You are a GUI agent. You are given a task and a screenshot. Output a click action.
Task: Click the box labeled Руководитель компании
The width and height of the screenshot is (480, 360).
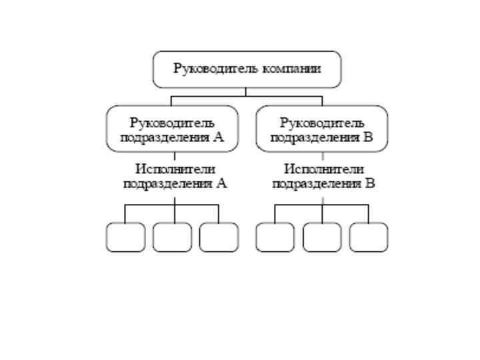[247, 69]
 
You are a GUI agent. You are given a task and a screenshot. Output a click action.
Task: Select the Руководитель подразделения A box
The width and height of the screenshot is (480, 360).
[172, 129]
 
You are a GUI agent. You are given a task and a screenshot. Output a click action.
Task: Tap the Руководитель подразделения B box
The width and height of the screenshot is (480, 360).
[321, 129]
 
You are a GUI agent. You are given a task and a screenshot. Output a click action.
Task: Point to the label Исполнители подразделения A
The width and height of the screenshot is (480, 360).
[175, 177]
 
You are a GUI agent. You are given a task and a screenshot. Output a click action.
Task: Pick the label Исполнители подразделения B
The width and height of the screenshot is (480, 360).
[324, 177]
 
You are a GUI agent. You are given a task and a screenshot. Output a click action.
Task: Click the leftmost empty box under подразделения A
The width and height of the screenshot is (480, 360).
[125, 237]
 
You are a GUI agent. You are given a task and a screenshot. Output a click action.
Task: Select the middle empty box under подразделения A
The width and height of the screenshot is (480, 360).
[172, 237]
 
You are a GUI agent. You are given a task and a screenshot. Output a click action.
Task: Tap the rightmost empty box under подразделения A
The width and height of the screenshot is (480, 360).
[219, 237]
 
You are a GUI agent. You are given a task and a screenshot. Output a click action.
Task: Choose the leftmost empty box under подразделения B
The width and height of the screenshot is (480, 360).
[275, 237]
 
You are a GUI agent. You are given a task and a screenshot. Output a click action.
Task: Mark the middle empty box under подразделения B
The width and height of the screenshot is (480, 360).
[322, 237]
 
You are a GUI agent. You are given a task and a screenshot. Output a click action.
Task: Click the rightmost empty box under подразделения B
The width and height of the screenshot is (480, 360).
[369, 237]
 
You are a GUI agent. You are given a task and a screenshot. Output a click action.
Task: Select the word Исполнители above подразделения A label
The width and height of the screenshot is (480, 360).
[175, 169]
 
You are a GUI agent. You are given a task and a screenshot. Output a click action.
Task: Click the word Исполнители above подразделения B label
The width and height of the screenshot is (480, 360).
[324, 169]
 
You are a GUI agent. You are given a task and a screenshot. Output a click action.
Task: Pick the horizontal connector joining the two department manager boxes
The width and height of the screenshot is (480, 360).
[247, 96]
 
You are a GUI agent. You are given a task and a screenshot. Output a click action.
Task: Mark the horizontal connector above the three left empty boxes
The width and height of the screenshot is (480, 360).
[150, 205]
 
